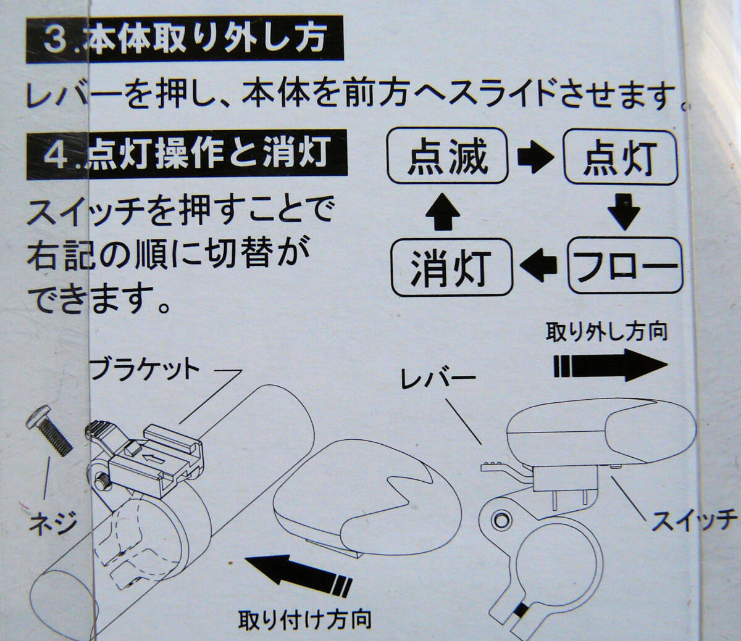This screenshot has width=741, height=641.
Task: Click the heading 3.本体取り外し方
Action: pyautogui.click(x=185, y=39)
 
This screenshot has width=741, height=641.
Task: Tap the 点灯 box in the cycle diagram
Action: pyautogui.click(x=621, y=157)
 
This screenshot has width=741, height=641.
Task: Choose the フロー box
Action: pyautogui.click(x=625, y=266)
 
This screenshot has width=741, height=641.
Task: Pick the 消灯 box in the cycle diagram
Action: pyautogui.click(x=451, y=267)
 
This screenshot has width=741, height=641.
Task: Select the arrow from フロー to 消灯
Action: pyautogui.click(x=538, y=266)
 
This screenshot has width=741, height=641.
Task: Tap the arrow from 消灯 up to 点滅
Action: pyautogui.click(x=443, y=212)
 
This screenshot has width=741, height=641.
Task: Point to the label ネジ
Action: pyautogui.click(x=52, y=523)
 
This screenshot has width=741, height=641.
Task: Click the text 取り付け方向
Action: pyautogui.click(x=304, y=618)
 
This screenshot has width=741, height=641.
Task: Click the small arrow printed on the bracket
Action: pyautogui.click(x=153, y=457)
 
